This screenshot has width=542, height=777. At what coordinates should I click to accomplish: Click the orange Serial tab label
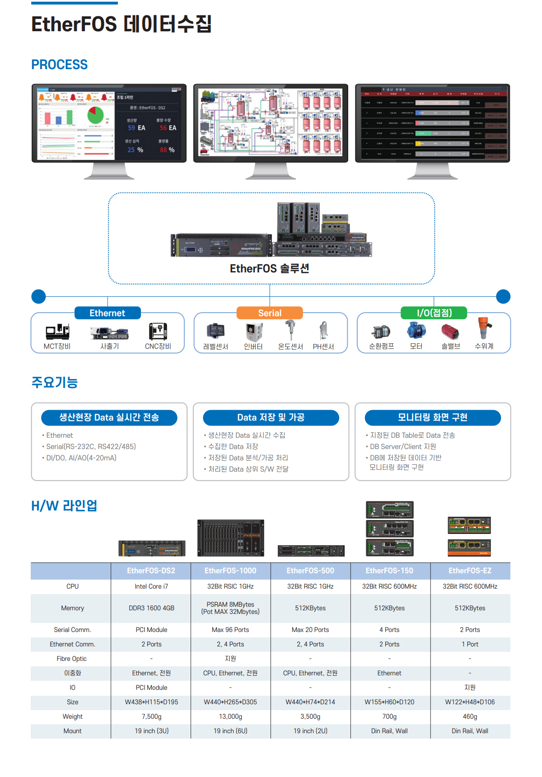point(270,313)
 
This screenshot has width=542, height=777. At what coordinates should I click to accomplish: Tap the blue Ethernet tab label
point(107,313)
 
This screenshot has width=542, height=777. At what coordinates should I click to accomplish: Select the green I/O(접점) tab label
point(434,313)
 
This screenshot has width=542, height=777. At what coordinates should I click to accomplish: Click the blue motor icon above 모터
point(416,330)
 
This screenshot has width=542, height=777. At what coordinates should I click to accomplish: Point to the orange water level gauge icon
point(484,328)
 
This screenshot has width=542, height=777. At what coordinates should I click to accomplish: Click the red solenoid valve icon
point(450,332)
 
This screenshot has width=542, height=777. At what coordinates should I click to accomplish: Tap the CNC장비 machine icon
point(158,331)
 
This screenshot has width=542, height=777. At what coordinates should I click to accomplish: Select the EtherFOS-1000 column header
point(230,571)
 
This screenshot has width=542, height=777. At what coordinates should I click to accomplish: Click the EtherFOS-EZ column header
point(470,571)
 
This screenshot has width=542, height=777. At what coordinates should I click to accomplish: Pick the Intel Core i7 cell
point(151,586)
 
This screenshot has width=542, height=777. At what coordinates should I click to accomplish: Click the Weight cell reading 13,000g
point(230,716)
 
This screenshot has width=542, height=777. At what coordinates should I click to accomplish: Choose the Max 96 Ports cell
point(230,630)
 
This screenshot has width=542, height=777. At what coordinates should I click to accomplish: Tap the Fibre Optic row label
point(72,659)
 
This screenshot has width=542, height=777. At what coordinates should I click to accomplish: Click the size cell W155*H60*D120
point(389,702)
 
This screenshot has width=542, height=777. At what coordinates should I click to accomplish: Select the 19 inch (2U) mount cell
point(310,731)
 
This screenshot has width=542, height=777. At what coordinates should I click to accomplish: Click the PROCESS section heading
point(60,65)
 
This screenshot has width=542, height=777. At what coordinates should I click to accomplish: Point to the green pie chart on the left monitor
point(95,115)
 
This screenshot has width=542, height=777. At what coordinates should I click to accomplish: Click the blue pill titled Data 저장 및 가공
point(271,417)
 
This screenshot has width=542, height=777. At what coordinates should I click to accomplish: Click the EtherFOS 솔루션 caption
point(270,269)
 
